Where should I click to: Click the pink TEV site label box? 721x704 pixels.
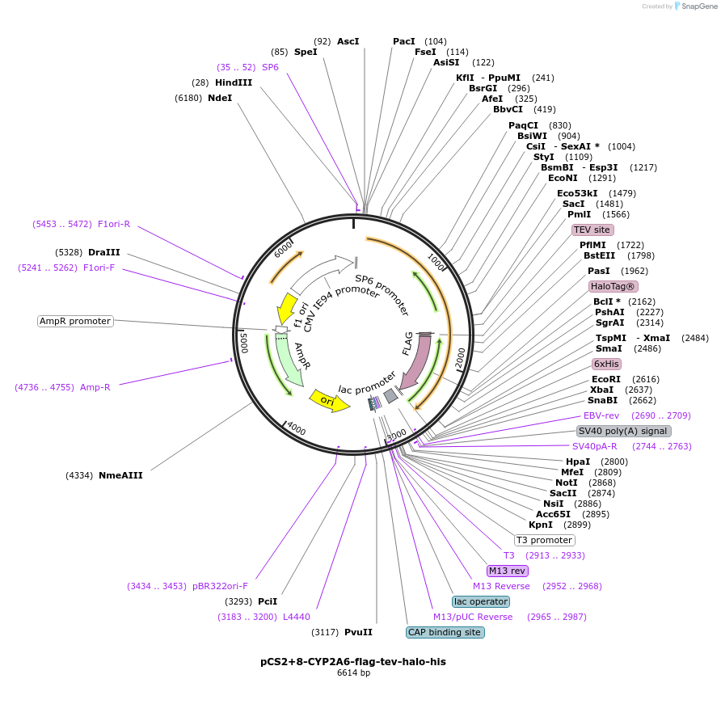click(592, 230)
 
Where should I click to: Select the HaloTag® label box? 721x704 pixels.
click(613, 286)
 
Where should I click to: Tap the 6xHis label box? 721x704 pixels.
click(606, 364)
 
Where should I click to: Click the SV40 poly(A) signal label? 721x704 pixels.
click(623, 431)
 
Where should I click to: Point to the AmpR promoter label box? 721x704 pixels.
click(75, 321)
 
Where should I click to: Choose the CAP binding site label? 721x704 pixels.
click(445, 632)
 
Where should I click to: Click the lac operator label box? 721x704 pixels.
click(481, 601)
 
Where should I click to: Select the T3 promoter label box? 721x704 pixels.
click(544, 540)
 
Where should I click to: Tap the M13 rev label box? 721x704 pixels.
click(508, 571)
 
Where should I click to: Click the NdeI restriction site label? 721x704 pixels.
click(220, 98)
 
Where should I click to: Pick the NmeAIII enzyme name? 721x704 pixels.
click(120, 475)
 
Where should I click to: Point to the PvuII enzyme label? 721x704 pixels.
click(358, 632)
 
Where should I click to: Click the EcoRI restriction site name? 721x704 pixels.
click(606, 378)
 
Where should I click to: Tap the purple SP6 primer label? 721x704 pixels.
click(270, 67)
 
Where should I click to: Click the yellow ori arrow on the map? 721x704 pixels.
click(328, 399)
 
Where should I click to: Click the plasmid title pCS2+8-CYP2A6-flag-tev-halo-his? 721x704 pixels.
click(353, 661)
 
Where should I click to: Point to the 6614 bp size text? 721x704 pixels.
click(353, 672)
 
